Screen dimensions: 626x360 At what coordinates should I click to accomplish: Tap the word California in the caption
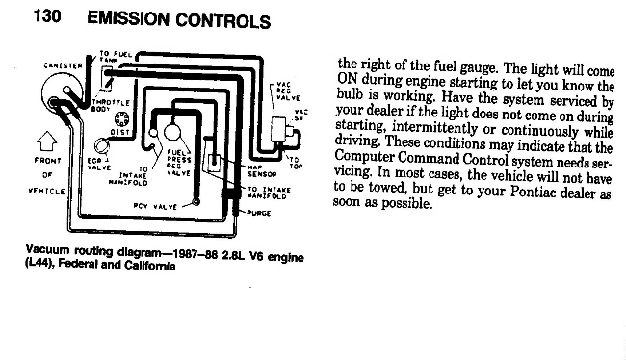coord(143,267)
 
